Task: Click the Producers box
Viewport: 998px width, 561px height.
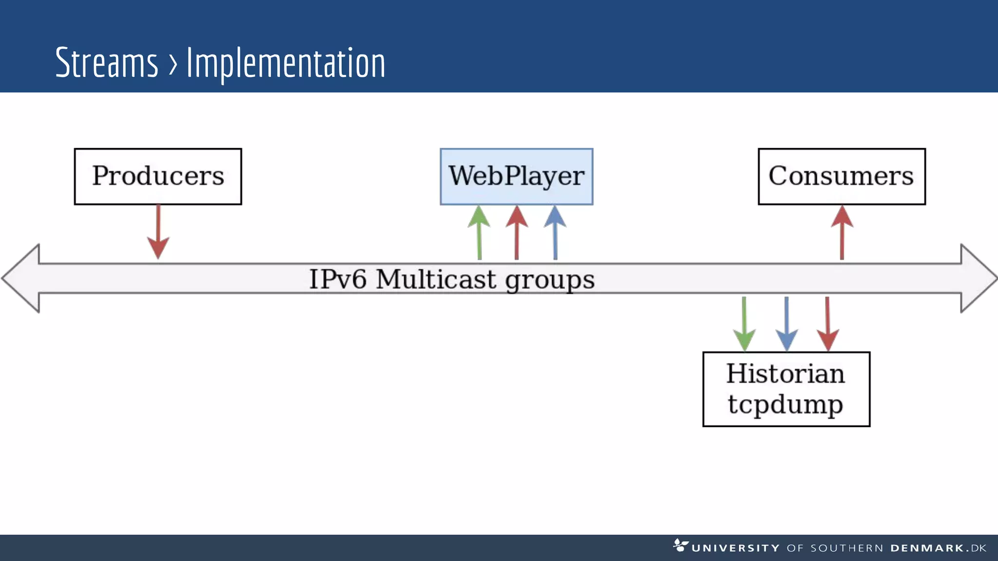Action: [x=158, y=176]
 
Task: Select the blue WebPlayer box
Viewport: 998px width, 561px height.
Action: [x=517, y=176]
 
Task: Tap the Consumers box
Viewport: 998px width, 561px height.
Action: [x=842, y=176]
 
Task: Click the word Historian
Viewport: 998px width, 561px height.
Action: [x=786, y=374]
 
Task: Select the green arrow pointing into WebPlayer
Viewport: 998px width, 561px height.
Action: [x=479, y=232]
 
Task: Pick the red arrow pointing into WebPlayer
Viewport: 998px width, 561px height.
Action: [x=517, y=232]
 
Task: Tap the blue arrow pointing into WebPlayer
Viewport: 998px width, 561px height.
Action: [x=555, y=232]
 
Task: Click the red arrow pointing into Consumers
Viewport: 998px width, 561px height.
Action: [x=842, y=232]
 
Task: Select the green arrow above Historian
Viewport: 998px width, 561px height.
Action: [x=744, y=324]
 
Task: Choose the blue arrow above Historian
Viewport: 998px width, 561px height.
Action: [x=787, y=324]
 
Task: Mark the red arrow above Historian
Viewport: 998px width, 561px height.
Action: [x=827, y=324]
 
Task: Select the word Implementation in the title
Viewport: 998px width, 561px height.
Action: [x=286, y=63]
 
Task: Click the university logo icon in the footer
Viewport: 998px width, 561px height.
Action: [x=680, y=545]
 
